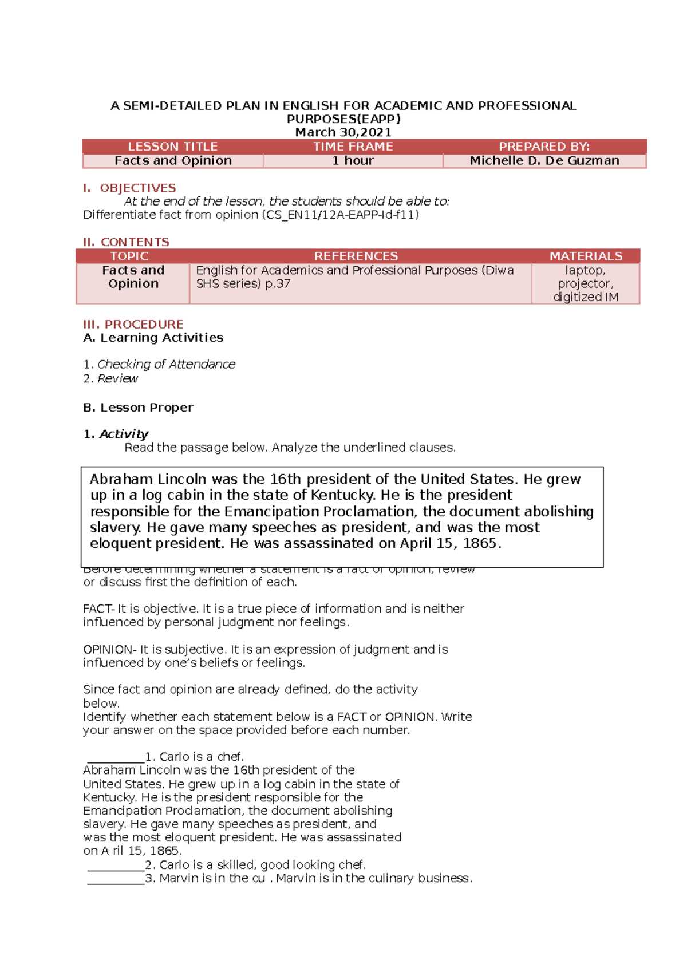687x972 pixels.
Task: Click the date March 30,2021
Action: tap(343, 132)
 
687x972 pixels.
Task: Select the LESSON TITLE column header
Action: tap(172, 147)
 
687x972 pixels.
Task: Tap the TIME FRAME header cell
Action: tap(353, 147)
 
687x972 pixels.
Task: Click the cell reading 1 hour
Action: tap(353, 161)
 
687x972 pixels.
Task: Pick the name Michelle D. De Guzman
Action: tap(544, 161)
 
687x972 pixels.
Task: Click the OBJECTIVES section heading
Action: tap(137, 188)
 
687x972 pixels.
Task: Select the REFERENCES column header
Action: tap(356, 256)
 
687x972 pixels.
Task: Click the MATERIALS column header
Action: tap(586, 256)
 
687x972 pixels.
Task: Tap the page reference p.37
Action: tap(278, 284)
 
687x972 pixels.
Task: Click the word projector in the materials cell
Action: tap(585, 284)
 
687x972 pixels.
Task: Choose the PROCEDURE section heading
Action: tap(144, 324)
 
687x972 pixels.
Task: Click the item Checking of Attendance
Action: tap(166, 364)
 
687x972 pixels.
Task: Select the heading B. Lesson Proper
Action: tap(138, 408)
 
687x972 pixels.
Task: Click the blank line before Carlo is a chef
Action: tap(116, 758)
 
